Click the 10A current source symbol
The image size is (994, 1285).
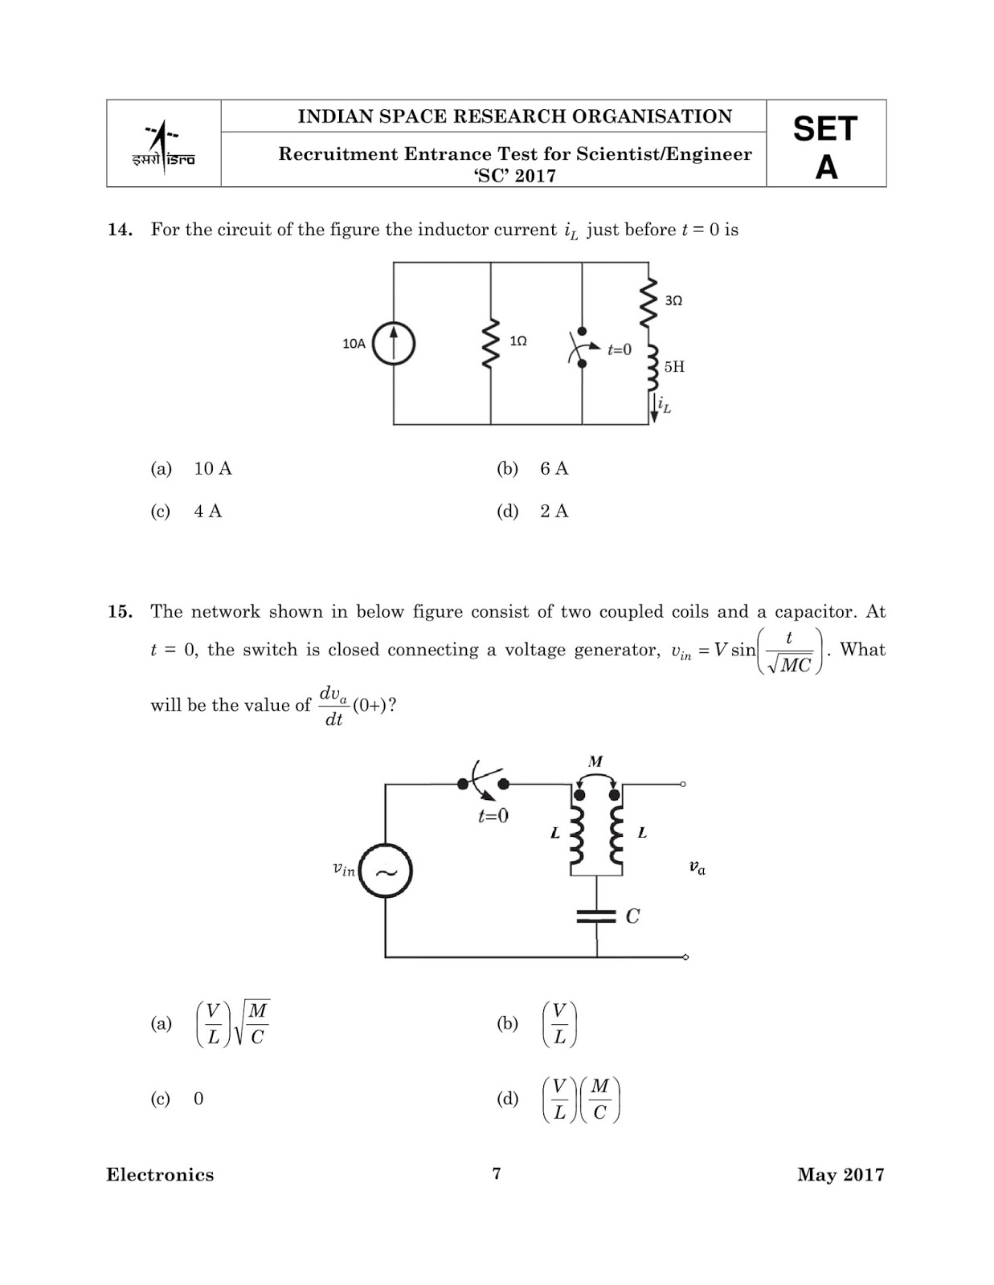(x=394, y=343)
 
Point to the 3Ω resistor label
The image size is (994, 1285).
(x=673, y=300)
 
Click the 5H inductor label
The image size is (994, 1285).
(x=674, y=367)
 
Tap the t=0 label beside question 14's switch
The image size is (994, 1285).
(x=619, y=349)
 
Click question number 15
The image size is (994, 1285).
(x=119, y=612)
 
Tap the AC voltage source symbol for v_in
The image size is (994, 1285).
(x=385, y=871)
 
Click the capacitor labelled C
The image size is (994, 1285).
(x=598, y=916)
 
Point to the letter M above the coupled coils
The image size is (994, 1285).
(x=595, y=761)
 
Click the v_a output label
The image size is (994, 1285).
(x=697, y=867)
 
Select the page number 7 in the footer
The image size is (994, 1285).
(x=497, y=1173)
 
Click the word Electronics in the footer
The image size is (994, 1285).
(x=160, y=1175)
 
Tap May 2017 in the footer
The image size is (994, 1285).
(x=841, y=1175)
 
